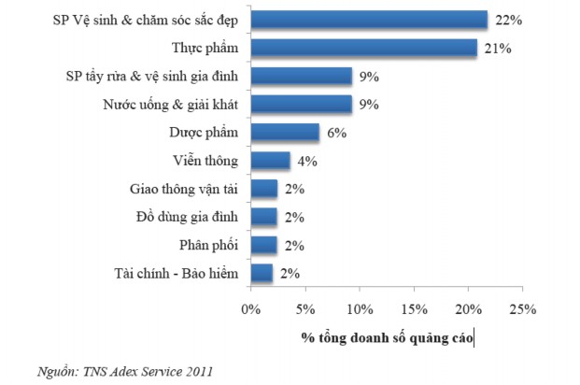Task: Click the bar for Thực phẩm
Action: point(364,48)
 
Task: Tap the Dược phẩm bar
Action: point(286,133)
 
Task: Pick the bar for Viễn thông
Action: point(271,161)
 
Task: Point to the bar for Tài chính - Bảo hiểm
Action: point(262,273)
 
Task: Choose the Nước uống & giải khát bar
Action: point(302,105)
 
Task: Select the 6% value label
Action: point(336,133)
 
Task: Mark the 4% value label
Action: point(307,161)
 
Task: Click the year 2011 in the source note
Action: point(198,371)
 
